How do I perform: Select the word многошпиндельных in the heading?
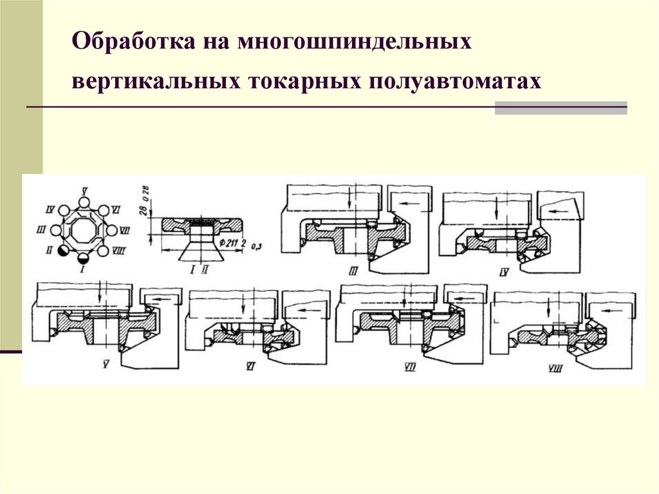point(353,44)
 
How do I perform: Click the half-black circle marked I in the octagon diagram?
point(84,258)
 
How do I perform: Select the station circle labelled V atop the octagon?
point(84,202)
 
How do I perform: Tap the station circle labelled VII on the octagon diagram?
point(111,230)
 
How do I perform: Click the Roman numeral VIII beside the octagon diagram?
point(118,251)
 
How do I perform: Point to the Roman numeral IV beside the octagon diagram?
point(48,209)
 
